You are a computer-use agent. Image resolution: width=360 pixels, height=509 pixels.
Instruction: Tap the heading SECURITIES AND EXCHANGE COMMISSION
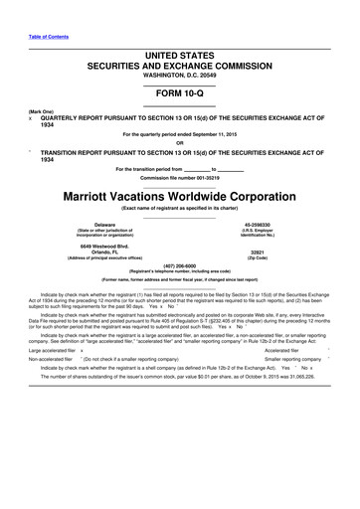(x=179, y=62)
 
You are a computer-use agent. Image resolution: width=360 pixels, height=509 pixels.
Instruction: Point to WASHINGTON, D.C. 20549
(x=179, y=74)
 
